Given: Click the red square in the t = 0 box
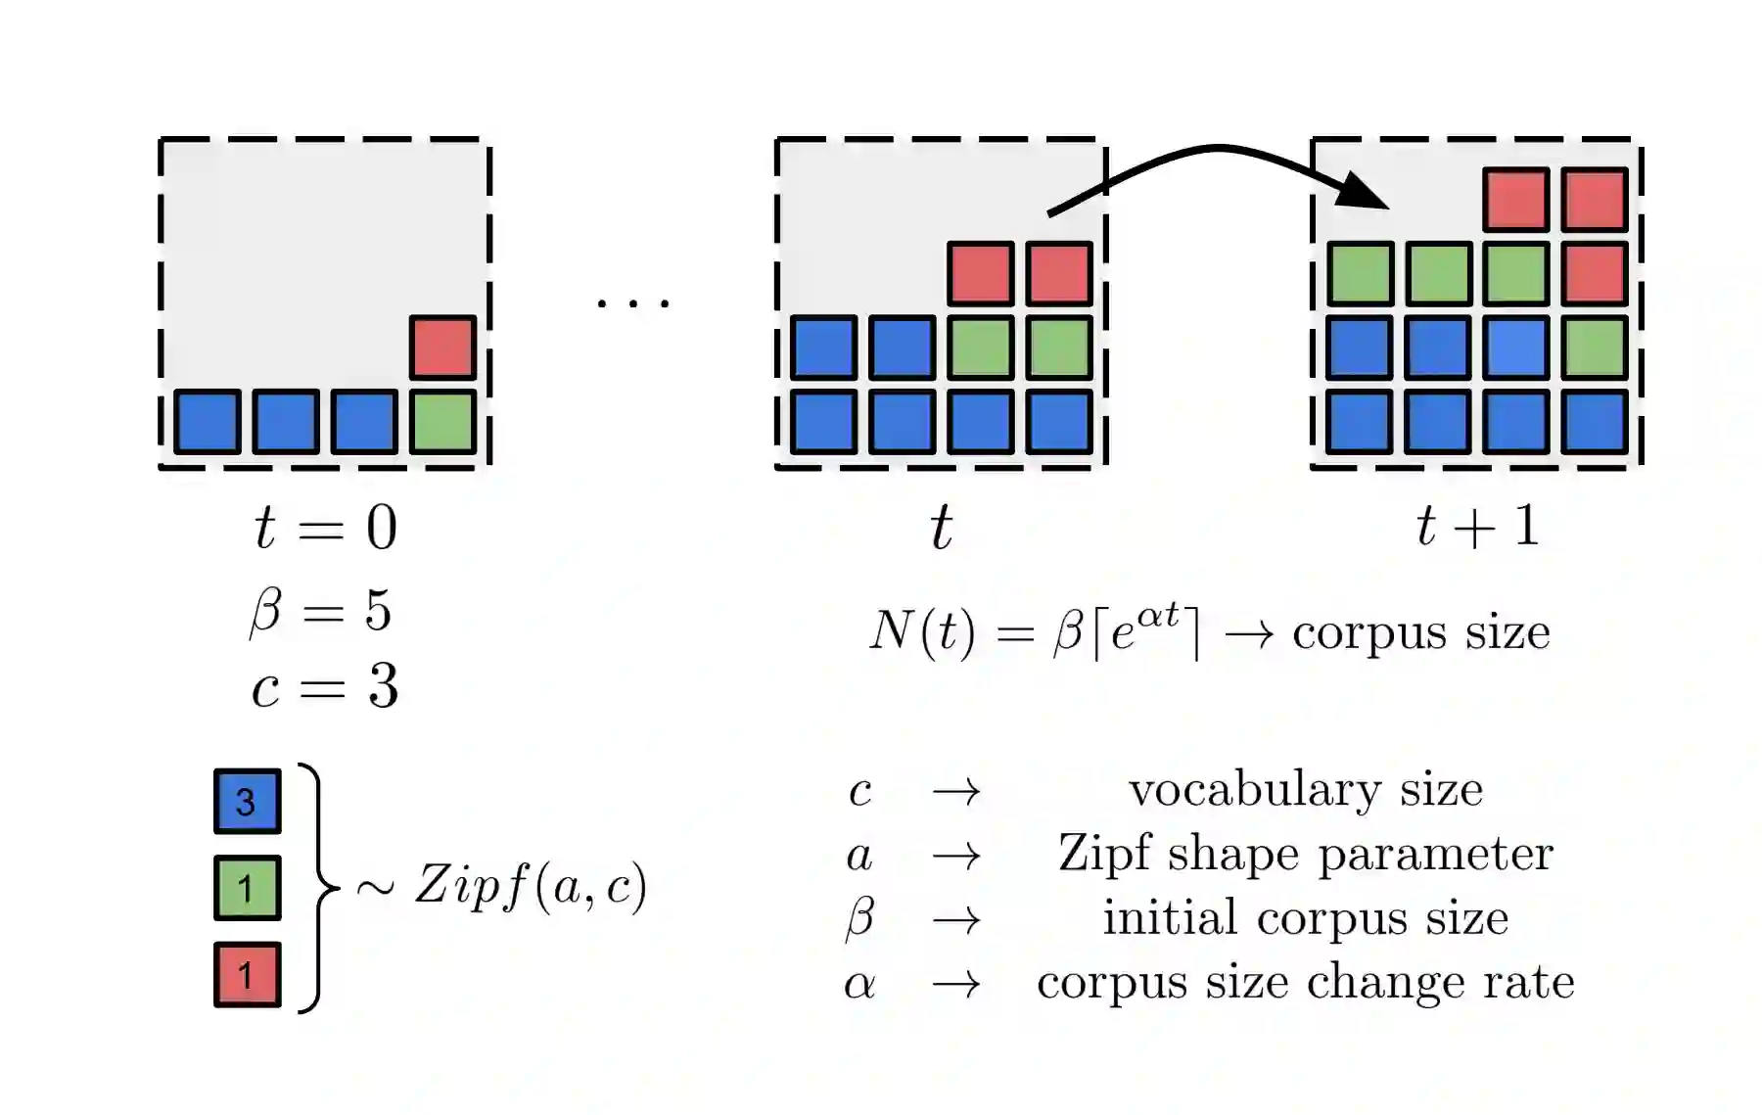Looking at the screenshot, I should (x=442, y=348).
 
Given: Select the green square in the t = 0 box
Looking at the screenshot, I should (x=442, y=422).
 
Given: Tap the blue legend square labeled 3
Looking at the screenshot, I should (x=247, y=802).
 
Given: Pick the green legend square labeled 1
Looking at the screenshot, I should (x=247, y=888).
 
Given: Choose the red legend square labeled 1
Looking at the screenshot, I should (x=247, y=974).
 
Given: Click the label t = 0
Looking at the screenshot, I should (x=325, y=529).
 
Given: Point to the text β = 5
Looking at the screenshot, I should (x=321, y=611).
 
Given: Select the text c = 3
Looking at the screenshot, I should (x=325, y=686).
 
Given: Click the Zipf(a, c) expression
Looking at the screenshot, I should (x=530, y=886).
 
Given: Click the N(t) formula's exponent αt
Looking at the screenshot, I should (x=1159, y=616).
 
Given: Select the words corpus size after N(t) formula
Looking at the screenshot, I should (x=1421, y=633).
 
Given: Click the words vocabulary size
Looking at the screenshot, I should (x=1306, y=790).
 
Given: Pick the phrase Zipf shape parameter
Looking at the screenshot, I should (x=1306, y=854).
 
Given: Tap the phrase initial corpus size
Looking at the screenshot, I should (x=1306, y=918).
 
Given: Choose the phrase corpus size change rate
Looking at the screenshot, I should (x=1306, y=982).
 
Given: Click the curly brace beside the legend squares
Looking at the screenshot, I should (x=315, y=888).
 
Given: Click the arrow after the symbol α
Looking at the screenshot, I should (x=955, y=984).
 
